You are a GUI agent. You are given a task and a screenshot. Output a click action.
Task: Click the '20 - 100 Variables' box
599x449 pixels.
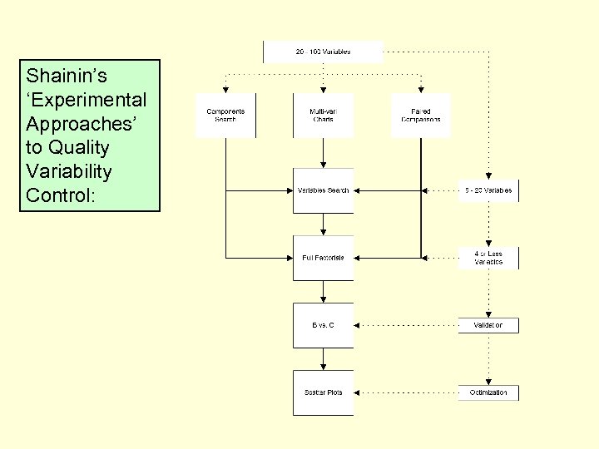323,52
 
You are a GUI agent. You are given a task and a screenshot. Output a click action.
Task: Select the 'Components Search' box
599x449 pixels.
225,116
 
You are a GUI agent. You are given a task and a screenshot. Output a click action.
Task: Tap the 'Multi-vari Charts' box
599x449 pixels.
323,116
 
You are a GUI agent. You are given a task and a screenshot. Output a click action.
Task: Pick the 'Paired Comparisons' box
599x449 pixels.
421,116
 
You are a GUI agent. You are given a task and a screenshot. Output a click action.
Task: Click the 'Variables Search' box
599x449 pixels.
323,190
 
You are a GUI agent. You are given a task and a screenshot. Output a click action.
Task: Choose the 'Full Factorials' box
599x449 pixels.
323,258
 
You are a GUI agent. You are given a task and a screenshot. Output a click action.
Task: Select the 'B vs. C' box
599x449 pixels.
323,325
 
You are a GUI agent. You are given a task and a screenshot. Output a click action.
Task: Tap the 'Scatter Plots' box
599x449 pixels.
323,392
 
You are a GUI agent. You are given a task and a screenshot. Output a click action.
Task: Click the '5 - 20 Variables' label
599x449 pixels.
488,190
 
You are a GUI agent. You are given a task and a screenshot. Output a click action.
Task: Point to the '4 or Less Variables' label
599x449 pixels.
488,258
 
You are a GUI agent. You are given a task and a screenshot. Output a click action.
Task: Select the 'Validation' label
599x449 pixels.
488,325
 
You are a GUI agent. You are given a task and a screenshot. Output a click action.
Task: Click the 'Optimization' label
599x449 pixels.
488,392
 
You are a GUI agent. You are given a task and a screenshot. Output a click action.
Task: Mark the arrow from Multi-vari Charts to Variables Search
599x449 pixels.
323,153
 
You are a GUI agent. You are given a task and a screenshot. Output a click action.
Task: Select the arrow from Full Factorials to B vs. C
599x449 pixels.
323,291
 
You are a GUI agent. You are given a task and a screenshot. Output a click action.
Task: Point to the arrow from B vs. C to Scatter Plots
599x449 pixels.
323,358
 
